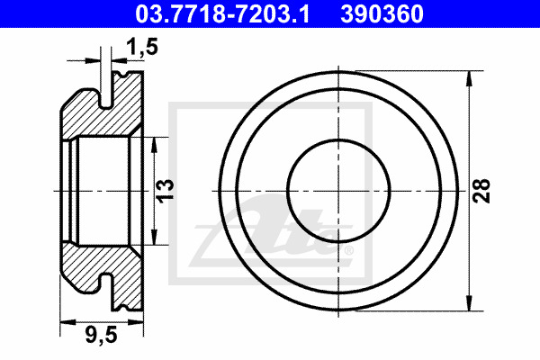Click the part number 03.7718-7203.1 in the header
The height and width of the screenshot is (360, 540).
point(222,13)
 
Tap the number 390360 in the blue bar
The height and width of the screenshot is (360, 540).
point(382,13)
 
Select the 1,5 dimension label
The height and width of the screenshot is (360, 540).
point(142,47)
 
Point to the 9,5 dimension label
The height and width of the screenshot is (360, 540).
point(101,335)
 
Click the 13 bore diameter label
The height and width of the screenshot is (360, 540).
point(166,190)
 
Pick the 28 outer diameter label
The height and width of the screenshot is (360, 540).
point(481,191)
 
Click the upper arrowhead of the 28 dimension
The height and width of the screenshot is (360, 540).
point(469,78)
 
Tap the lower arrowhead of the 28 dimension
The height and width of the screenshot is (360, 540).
point(469,303)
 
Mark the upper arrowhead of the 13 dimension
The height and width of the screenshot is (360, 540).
point(154,145)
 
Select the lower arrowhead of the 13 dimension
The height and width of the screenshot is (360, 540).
point(154,238)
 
